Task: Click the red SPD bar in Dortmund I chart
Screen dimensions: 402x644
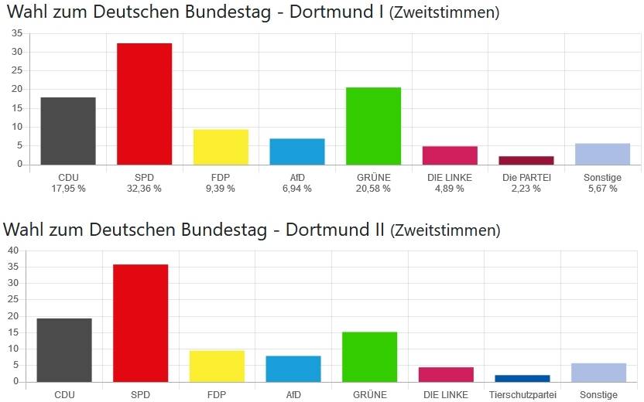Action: pyautogui.click(x=144, y=104)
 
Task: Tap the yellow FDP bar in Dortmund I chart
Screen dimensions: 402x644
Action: pyautogui.click(x=221, y=147)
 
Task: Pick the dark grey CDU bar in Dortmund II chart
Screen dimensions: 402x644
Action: pyautogui.click(x=64, y=349)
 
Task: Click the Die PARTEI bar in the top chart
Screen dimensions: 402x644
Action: pyautogui.click(x=526, y=160)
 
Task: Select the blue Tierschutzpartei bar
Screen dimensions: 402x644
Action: pyautogui.click(x=522, y=378)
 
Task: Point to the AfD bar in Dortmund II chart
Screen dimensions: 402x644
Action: pyautogui.click(x=293, y=369)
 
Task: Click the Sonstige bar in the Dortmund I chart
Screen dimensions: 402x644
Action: pyautogui.click(x=603, y=154)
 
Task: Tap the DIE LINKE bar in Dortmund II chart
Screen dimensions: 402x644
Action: pyautogui.click(x=447, y=374)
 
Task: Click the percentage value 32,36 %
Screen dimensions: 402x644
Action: pyautogui.click(x=144, y=189)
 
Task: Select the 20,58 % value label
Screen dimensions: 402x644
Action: pyautogui.click(x=373, y=189)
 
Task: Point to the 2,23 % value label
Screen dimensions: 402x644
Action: pyautogui.click(x=526, y=189)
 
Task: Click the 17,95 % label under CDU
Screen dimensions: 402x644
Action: pyautogui.click(x=68, y=189)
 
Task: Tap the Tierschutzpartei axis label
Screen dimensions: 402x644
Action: pyautogui.click(x=522, y=395)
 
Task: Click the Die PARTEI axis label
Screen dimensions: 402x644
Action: pyautogui.click(x=526, y=178)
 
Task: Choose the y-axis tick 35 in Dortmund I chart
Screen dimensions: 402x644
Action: pyautogui.click(x=17, y=33)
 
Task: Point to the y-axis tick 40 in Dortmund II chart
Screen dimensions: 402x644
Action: pyautogui.click(x=12, y=250)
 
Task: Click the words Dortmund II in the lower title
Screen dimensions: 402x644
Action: pyautogui.click(x=336, y=230)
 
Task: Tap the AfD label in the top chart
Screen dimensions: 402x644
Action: pyautogui.click(x=297, y=178)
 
